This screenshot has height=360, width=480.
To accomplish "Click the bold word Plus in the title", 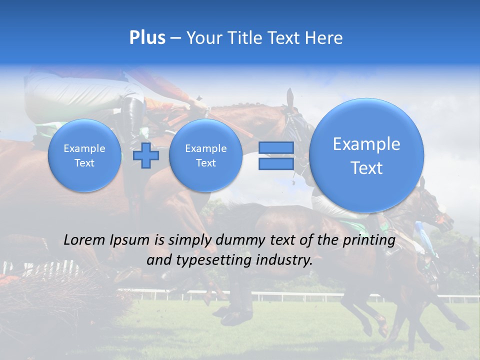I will tap(147, 38).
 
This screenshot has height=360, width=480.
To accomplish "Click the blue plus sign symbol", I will tap(146, 155).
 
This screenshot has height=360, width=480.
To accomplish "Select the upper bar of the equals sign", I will tap(276, 148).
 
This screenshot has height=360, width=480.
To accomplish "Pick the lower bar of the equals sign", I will tap(276, 163).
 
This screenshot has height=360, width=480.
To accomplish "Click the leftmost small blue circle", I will tap(84, 155).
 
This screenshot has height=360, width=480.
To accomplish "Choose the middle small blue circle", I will tap(205, 155).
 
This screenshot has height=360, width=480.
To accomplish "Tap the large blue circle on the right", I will tap(366, 155).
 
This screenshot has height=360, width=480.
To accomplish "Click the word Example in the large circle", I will tap(366, 144).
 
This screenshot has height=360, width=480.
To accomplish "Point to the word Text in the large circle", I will tap(366, 168).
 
